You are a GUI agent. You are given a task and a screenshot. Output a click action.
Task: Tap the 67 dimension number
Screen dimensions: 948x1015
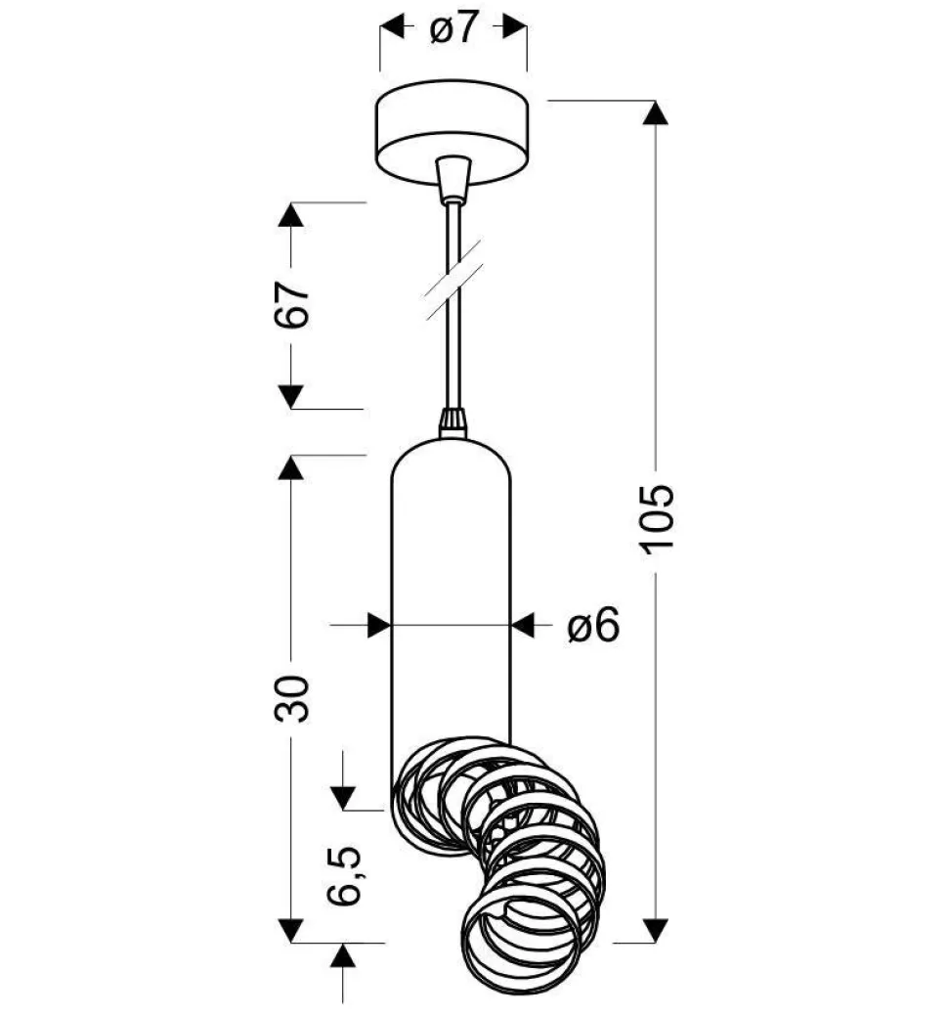coord(292,304)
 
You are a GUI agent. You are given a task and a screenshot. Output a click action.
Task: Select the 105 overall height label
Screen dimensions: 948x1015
coord(657,519)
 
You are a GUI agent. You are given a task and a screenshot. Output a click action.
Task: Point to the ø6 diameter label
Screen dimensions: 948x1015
coord(593,625)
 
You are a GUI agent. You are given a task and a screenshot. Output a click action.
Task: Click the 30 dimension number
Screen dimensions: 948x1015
coord(292,698)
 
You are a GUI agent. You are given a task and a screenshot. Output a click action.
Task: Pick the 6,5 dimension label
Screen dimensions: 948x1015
coord(344,875)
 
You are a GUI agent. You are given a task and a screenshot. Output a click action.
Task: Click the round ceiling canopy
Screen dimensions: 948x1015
coord(452,132)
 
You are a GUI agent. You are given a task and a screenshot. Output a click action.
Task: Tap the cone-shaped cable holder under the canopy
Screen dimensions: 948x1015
coord(452,177)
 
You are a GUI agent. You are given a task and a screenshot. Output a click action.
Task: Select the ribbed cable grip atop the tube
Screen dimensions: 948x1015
coord(452,423)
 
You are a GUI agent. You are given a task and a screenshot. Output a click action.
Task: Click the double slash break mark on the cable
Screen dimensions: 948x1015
coord(453,281)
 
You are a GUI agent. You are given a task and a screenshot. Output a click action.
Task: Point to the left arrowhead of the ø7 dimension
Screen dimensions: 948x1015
coord(392,27)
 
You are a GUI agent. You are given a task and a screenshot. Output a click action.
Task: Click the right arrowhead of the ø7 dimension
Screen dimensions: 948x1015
coord(514,27)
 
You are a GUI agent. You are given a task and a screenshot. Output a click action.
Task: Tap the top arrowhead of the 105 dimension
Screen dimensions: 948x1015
coord(656,112)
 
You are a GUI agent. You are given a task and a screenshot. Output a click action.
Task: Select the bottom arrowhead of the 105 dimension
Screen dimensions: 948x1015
coord(656,930)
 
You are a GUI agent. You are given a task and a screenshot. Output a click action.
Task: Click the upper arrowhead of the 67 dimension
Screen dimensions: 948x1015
coord(291,215)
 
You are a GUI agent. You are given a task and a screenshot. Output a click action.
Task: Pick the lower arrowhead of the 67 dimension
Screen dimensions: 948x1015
coord(291,397)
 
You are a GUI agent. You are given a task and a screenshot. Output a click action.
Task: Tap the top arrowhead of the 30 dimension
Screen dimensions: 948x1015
coord(291,467)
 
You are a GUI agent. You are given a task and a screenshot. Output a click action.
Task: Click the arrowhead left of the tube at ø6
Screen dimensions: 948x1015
coord(379,625)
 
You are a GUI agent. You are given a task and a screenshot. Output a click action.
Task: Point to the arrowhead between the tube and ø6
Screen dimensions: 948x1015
coord(523,625)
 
